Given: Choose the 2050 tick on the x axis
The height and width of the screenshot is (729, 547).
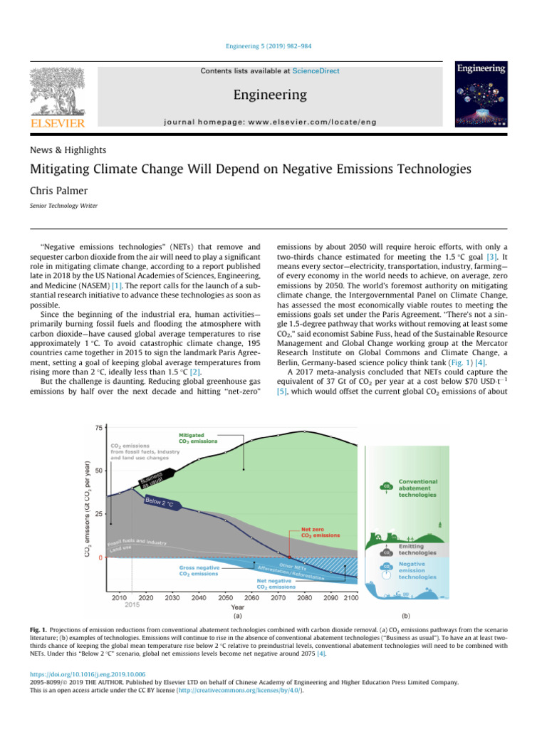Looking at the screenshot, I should click(x=224, y=598).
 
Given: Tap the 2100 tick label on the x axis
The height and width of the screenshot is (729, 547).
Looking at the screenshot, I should click(x=350, y=598).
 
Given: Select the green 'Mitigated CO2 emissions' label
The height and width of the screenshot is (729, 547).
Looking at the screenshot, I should click(x=197, y=438).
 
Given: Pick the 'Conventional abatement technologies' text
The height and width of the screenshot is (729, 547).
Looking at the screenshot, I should click(x=417, y=488).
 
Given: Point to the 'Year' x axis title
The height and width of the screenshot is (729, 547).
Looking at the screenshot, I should click(x=239, y=607).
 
